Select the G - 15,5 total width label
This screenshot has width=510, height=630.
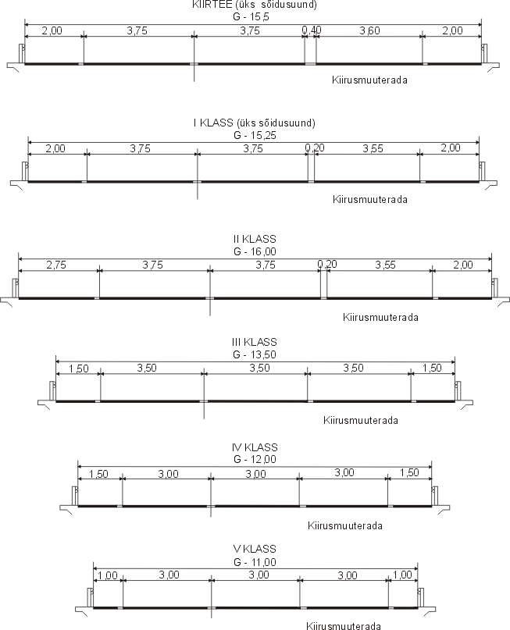251,17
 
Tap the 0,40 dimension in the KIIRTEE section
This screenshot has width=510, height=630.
312,30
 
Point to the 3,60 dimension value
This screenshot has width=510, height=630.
369,30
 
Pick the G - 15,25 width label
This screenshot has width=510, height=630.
255,135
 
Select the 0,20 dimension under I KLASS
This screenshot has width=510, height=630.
314,148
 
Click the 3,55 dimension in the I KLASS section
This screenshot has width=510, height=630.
373,148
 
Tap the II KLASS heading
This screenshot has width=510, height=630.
255,239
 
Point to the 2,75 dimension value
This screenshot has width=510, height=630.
56,265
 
